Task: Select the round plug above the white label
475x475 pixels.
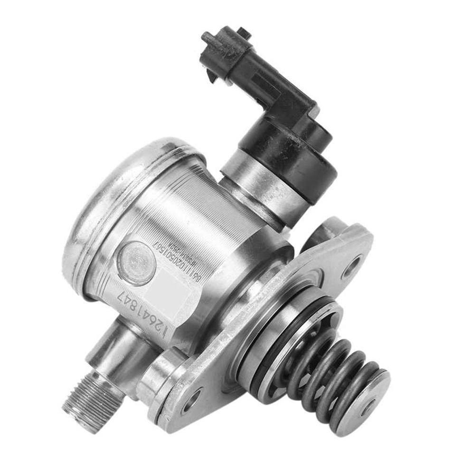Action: (x=136, y=263)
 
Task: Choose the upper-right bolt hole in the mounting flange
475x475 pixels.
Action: (x=352, y=266)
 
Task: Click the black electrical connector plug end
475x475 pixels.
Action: (x=218, y=52)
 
